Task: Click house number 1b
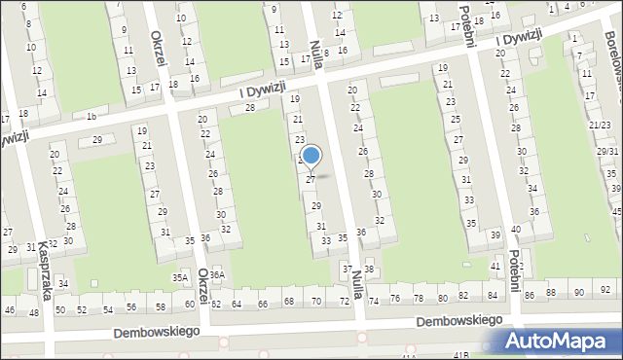point(92,117)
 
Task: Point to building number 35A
point(180,277)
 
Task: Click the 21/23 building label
point(600,126)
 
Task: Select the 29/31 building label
point(607,152)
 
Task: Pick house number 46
point(10,310)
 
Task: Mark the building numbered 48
point(34,312)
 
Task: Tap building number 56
point(132,306)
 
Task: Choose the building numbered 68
point(289,303)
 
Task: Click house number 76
point(395,299)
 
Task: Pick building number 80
point(443,298)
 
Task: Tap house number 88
point(551,293)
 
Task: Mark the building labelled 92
point(605,291)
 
